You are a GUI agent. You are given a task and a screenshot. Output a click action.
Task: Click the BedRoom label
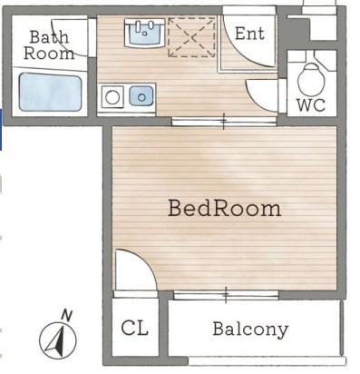(x=224, y=208)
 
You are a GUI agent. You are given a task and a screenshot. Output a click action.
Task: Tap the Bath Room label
(x=49, y=45)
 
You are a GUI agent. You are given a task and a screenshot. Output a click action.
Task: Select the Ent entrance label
(x=249, y=34)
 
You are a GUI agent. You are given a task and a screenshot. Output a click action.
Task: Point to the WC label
(x=311, y=105)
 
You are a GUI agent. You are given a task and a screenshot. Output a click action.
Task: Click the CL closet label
(x=135, y=328)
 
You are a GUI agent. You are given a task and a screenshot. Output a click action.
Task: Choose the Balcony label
(x=250, y=330)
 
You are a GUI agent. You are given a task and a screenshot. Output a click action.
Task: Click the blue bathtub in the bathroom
(x=51, y=92)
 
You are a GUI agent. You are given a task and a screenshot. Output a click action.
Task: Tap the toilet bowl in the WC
(x=311, y=79)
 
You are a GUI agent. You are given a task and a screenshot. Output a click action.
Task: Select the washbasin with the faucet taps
(x=145, y=33)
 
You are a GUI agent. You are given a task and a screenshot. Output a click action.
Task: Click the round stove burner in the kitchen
(x=112, y=97)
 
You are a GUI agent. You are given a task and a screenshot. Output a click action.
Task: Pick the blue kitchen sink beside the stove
(x=141, y=96)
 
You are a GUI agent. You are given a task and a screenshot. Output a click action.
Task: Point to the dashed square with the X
(x=191, y=37)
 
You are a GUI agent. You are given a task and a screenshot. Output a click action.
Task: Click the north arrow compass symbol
(x=58, y=340)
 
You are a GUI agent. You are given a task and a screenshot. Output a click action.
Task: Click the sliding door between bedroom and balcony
(x=226, y=295)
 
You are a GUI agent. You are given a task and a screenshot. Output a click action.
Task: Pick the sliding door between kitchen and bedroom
(x=224, y=121)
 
